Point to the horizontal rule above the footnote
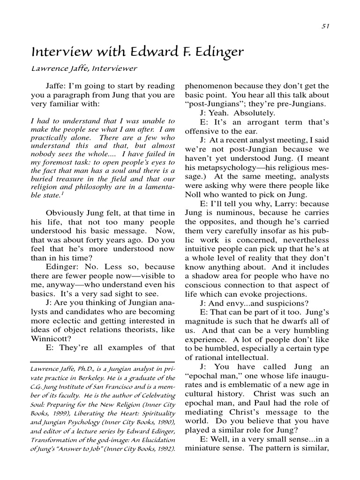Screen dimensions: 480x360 tap(103, 361)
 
